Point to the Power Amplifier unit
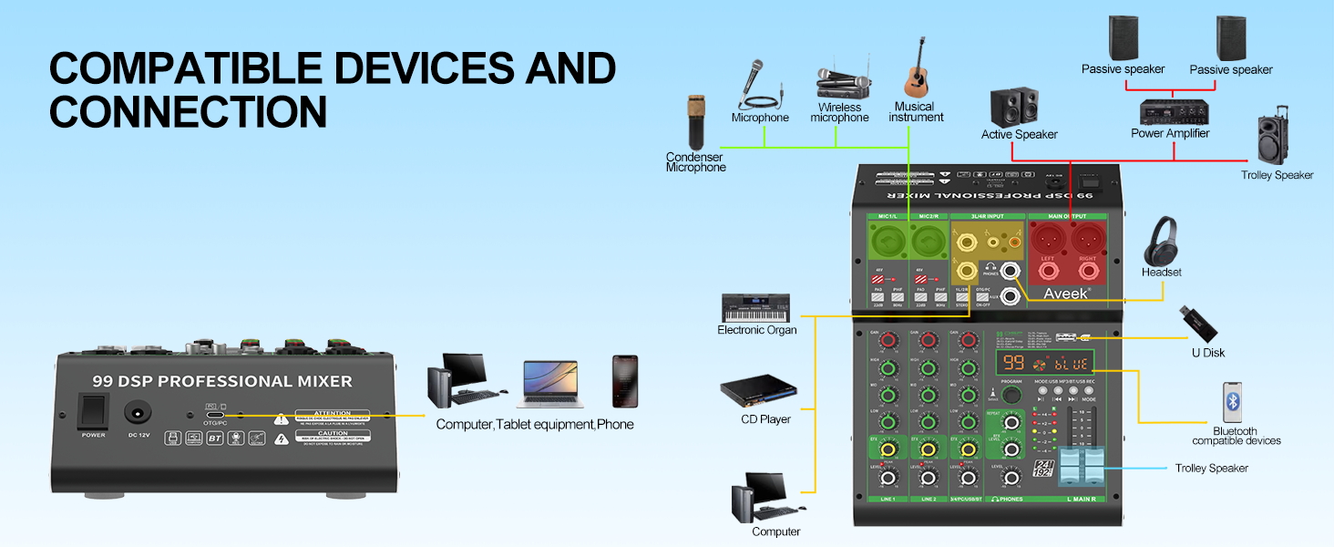(1170, 110)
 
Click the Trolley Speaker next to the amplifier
(1277, 139)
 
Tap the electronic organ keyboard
(755, 307)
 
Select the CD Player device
(757, 392)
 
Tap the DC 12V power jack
(139, 412)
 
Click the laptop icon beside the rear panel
(549, 384)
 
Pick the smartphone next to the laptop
(624, 381)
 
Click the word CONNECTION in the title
(188, 110)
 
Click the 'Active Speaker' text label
(1019, 135)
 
